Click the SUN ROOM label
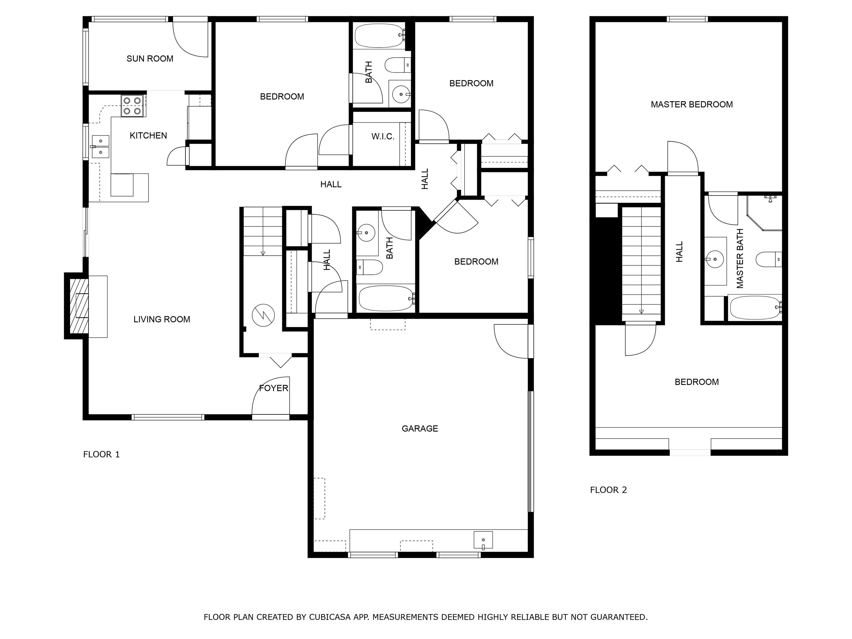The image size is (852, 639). point(150,59)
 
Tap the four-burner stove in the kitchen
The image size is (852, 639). point(133,106)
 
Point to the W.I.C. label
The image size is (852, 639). point(383,136)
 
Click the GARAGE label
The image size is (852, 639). point(420,428)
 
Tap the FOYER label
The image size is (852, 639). point(273,388)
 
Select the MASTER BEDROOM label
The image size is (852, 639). point(692,104)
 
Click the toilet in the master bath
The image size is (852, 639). point(769,259)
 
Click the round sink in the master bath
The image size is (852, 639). point(715,259)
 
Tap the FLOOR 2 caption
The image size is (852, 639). point(608,490)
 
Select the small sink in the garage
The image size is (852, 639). point(483,540)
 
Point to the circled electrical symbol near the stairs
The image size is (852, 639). point(263,315)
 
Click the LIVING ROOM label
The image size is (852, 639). point(162,319)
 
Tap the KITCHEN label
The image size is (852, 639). point(148,136)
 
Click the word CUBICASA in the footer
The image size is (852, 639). point(330,617)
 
